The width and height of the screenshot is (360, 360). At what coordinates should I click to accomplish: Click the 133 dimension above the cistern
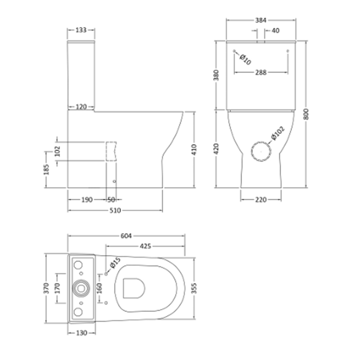tap(81, 30)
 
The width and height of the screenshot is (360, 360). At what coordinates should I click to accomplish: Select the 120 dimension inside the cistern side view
tap(81, 106)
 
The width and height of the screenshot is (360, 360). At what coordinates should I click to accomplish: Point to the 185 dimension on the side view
tap(46, 170)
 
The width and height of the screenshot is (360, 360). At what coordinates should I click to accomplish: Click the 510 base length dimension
tap(115, 211)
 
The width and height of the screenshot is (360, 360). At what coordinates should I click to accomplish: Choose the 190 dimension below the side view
tap(87, 199)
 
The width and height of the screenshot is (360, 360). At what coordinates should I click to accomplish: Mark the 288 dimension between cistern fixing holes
tap(261, 72)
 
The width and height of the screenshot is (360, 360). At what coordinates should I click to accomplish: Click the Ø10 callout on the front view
tap(245, 60)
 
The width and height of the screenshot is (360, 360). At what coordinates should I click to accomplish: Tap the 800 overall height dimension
tap(306, 114)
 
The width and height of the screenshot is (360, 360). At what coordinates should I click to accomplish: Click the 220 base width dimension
tap(261, 199)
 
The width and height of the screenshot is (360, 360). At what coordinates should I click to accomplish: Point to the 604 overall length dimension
tap(126, 236)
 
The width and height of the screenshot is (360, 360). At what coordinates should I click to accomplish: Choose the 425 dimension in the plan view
tap(145, 246)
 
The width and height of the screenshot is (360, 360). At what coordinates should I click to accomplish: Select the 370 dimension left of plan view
tap(46, 288)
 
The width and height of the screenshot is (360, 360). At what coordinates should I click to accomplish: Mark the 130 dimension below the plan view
tap(81, 333)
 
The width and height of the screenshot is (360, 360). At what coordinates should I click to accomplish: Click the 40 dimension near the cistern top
tap(275, 30)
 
